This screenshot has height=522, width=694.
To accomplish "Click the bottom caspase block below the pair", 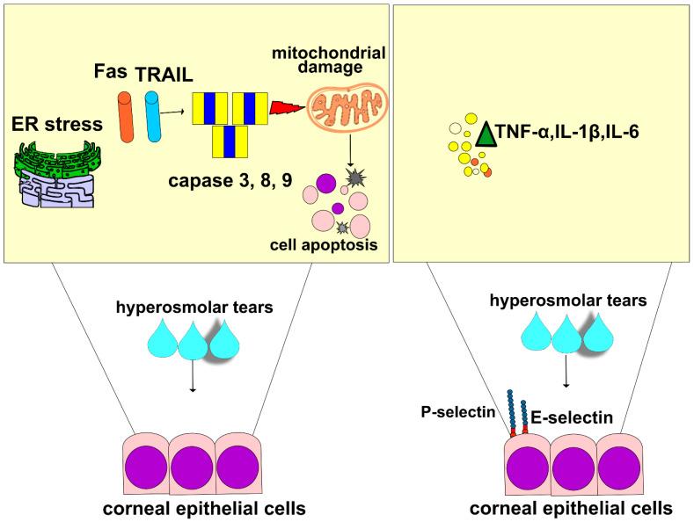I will [x=229, y=141].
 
